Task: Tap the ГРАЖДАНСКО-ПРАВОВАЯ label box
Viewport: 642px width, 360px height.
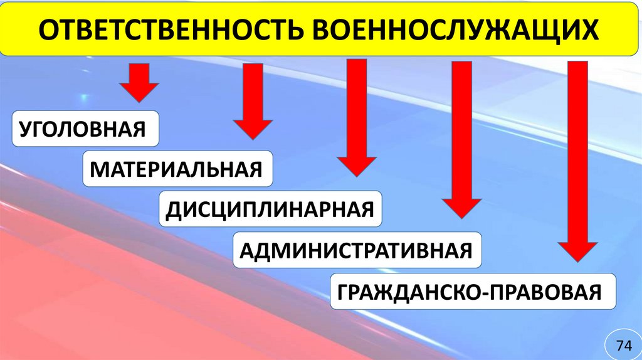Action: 472,292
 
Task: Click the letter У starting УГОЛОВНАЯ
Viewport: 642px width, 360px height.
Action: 26,130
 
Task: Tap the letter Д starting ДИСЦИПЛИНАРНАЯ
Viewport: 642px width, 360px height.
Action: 172,209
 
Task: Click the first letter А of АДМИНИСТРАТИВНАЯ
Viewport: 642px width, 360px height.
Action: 247,251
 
